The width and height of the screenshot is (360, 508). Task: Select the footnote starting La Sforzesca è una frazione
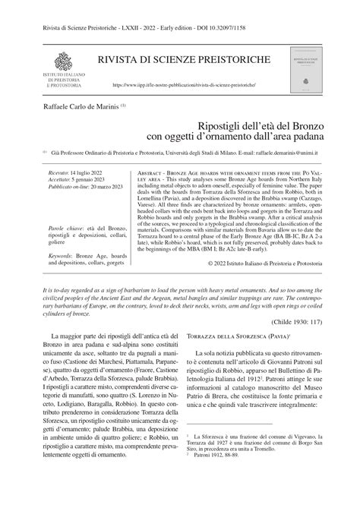(x=251, y=460)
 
